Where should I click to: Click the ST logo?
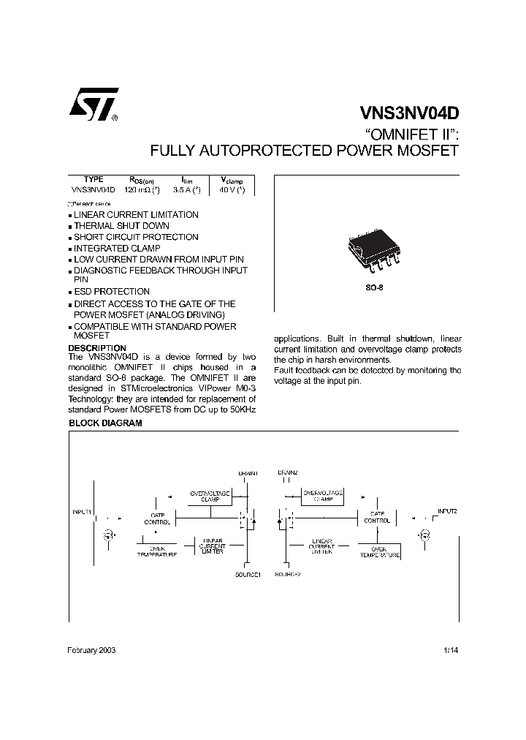coord(92,108)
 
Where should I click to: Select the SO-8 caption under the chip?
coord(374,288)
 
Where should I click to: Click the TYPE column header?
coord(94,179)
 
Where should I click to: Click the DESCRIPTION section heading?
coord(97,348)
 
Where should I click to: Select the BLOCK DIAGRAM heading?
coord(105,423)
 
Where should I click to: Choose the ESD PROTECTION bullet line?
coord(112,292)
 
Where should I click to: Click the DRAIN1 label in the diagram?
coord(248,473)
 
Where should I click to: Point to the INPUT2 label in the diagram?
coord(447,510)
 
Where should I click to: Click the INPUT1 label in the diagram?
coord(82,512)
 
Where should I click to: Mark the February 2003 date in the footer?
coord(91,650)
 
